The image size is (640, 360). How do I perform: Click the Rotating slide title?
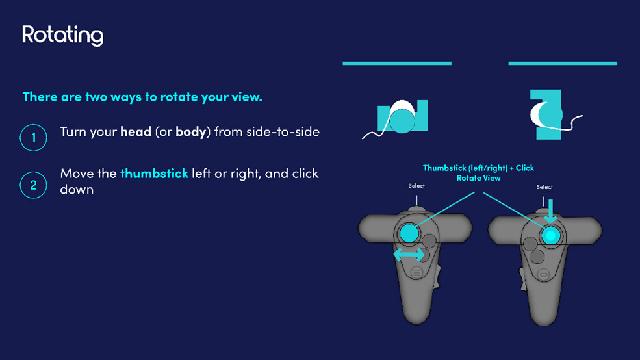click(x=62, y=36)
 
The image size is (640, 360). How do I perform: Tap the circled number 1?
click(x=34, y=138)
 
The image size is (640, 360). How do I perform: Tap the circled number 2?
click(x=34, y=185)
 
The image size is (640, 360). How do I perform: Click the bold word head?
click(x=136, y=131)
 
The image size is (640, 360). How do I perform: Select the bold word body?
click(x=190, y=132)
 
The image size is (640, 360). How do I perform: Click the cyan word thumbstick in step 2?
click(x=154, y=174)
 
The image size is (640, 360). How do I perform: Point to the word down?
click(x=77, y=189)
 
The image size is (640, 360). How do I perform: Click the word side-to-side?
click(x=283, y=131)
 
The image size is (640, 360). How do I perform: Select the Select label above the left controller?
click(x=416, y=186)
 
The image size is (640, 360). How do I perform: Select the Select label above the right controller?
click(x=544, y=187)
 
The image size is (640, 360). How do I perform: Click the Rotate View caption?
click(x=478, y=178)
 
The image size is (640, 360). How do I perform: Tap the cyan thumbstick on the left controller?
click(x=409, y=233)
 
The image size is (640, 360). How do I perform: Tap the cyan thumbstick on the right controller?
click(x=550, y=235)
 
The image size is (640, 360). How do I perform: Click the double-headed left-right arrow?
click(x=409, y=255)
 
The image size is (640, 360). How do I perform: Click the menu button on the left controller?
click(x=416, y=272)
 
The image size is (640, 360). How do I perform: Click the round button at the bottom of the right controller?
click(x=543, y=274)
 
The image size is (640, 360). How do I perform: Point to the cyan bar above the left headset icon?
click(x=397, y=63)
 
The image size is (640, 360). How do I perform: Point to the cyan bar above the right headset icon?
click(x=563, y=63)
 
